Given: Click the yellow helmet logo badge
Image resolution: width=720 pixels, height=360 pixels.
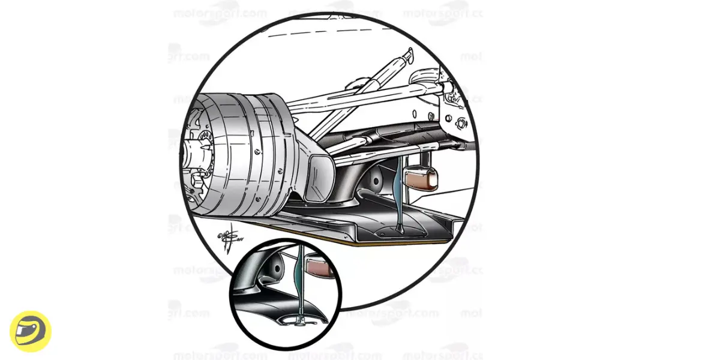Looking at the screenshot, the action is (31, 331).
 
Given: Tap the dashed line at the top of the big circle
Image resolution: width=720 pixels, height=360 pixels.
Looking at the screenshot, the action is (336, 32).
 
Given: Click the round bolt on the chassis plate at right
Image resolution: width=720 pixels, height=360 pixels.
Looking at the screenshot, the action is (461, 124).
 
